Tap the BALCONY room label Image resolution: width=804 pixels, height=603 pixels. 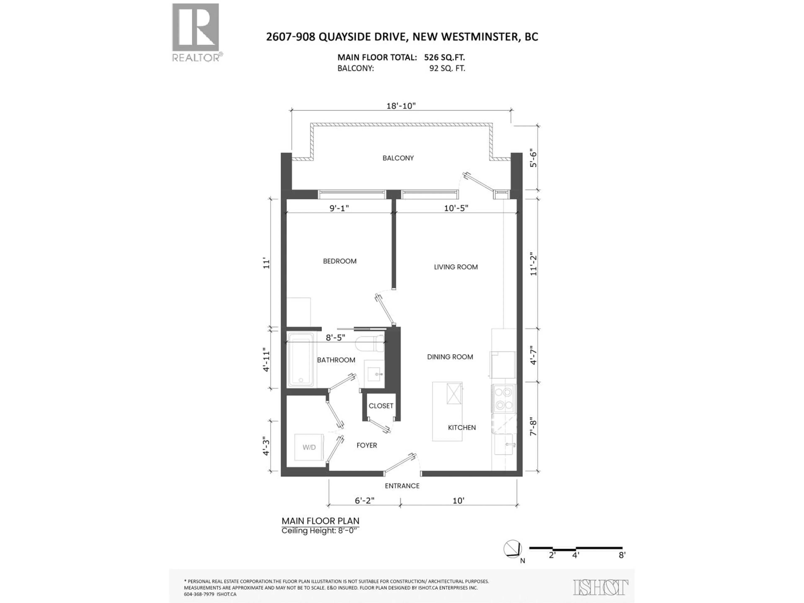pyautogui.click(x=398, y=158)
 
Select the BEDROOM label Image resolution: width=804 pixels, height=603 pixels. pyautogui.click(x=339, y=261)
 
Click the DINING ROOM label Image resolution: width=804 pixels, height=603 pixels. pyautogui.click(x=450, y=357)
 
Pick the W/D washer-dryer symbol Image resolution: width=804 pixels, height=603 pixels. pyautogui.click(x=309, y=447)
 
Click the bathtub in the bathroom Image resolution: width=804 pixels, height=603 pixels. pyautogui.click(x=301, y=360)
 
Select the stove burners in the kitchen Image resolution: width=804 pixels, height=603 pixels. pyautogui.click(x=503, y=398)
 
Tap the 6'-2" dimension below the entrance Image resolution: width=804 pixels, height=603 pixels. pyautogui.click(x=364, y=500)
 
